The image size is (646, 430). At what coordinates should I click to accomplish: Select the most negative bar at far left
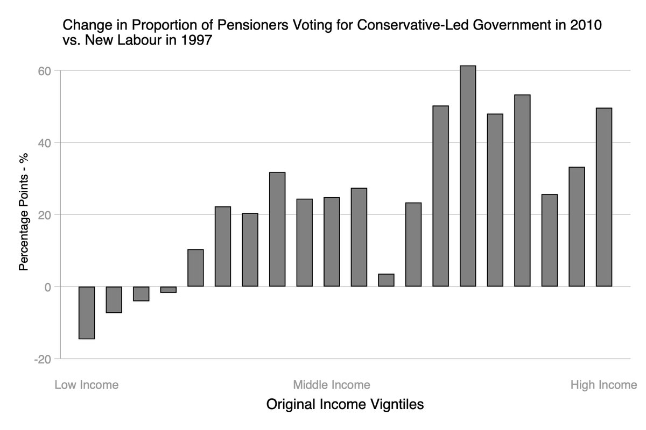[87, 312]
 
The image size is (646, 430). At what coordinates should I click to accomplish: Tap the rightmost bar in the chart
[603, 197]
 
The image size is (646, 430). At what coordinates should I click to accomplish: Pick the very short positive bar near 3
[386, 280]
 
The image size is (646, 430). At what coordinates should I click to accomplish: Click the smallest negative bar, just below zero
[168, 289]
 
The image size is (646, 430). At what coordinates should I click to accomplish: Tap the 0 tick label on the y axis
[47, 286]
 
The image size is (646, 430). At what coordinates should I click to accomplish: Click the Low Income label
[87, 385]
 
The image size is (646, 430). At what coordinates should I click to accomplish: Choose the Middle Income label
[332, 385]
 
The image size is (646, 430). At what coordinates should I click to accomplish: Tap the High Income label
[603, 385]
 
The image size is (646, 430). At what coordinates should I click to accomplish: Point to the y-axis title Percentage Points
[24, 214]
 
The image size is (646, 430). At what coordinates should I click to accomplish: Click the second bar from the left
[114, 299]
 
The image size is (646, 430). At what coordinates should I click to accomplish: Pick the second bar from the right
[577, 227]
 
